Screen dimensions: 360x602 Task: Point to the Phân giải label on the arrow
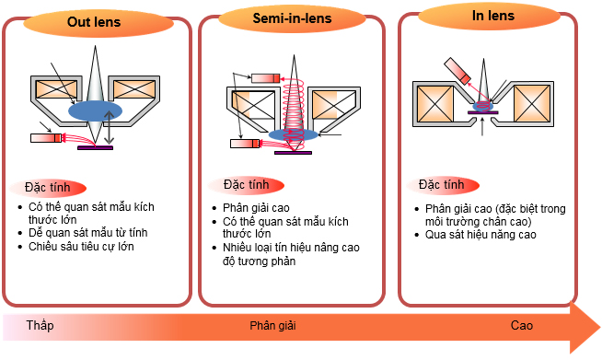pyautogui.click(x=273, y=326)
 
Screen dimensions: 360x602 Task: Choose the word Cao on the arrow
pyautogui.click(x=522, y=326)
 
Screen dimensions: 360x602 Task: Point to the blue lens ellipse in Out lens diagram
pyautogui.click(x=100, y=109)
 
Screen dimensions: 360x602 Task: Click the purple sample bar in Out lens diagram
pyautogui.click(x=96, y=146)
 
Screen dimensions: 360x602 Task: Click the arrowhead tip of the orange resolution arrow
pyautogui.click(x=596, y=327)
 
